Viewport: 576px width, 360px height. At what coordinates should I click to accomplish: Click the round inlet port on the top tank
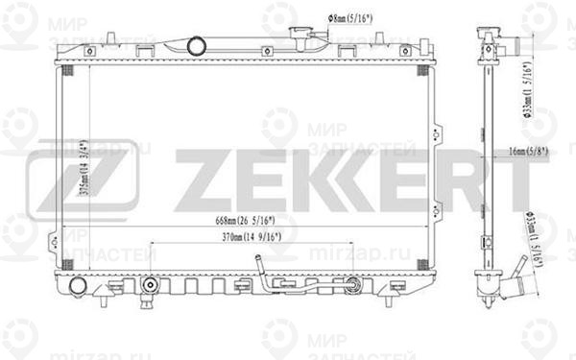pyautogui.click(x=196, y=44)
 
